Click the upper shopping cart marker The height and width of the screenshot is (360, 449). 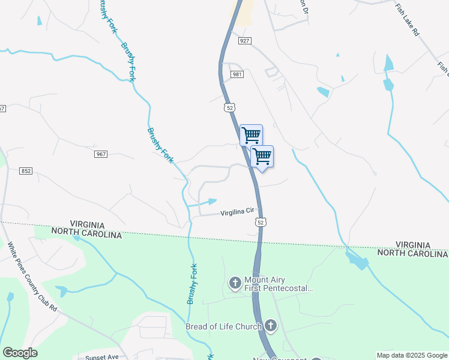(x=251, y=134)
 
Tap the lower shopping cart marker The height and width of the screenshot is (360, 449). (x=262, y=156)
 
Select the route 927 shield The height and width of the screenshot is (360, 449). (x=244, y=40)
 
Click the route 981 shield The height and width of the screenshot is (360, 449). (x=237, y=74)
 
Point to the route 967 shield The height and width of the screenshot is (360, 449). (x=101, y=154)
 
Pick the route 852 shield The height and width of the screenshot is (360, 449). (x=25, y=171)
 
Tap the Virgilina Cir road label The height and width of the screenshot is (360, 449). (x=238, y=212)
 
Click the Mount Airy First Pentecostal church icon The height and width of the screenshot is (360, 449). (x=235, y=281)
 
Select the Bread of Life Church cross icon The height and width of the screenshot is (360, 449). (x=270, y=326)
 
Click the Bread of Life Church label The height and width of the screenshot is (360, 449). (x=223, y=326)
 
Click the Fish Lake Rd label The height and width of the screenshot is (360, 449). (x=406, y=20)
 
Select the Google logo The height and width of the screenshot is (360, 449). (x=20, y=353)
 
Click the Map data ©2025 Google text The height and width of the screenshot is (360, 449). (x=412, y=355)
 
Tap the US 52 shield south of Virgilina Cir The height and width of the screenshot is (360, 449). (x=260, y=222)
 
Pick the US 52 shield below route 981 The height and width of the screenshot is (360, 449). (x=229, y=107)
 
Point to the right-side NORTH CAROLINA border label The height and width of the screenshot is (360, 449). (x=412, y=253)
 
